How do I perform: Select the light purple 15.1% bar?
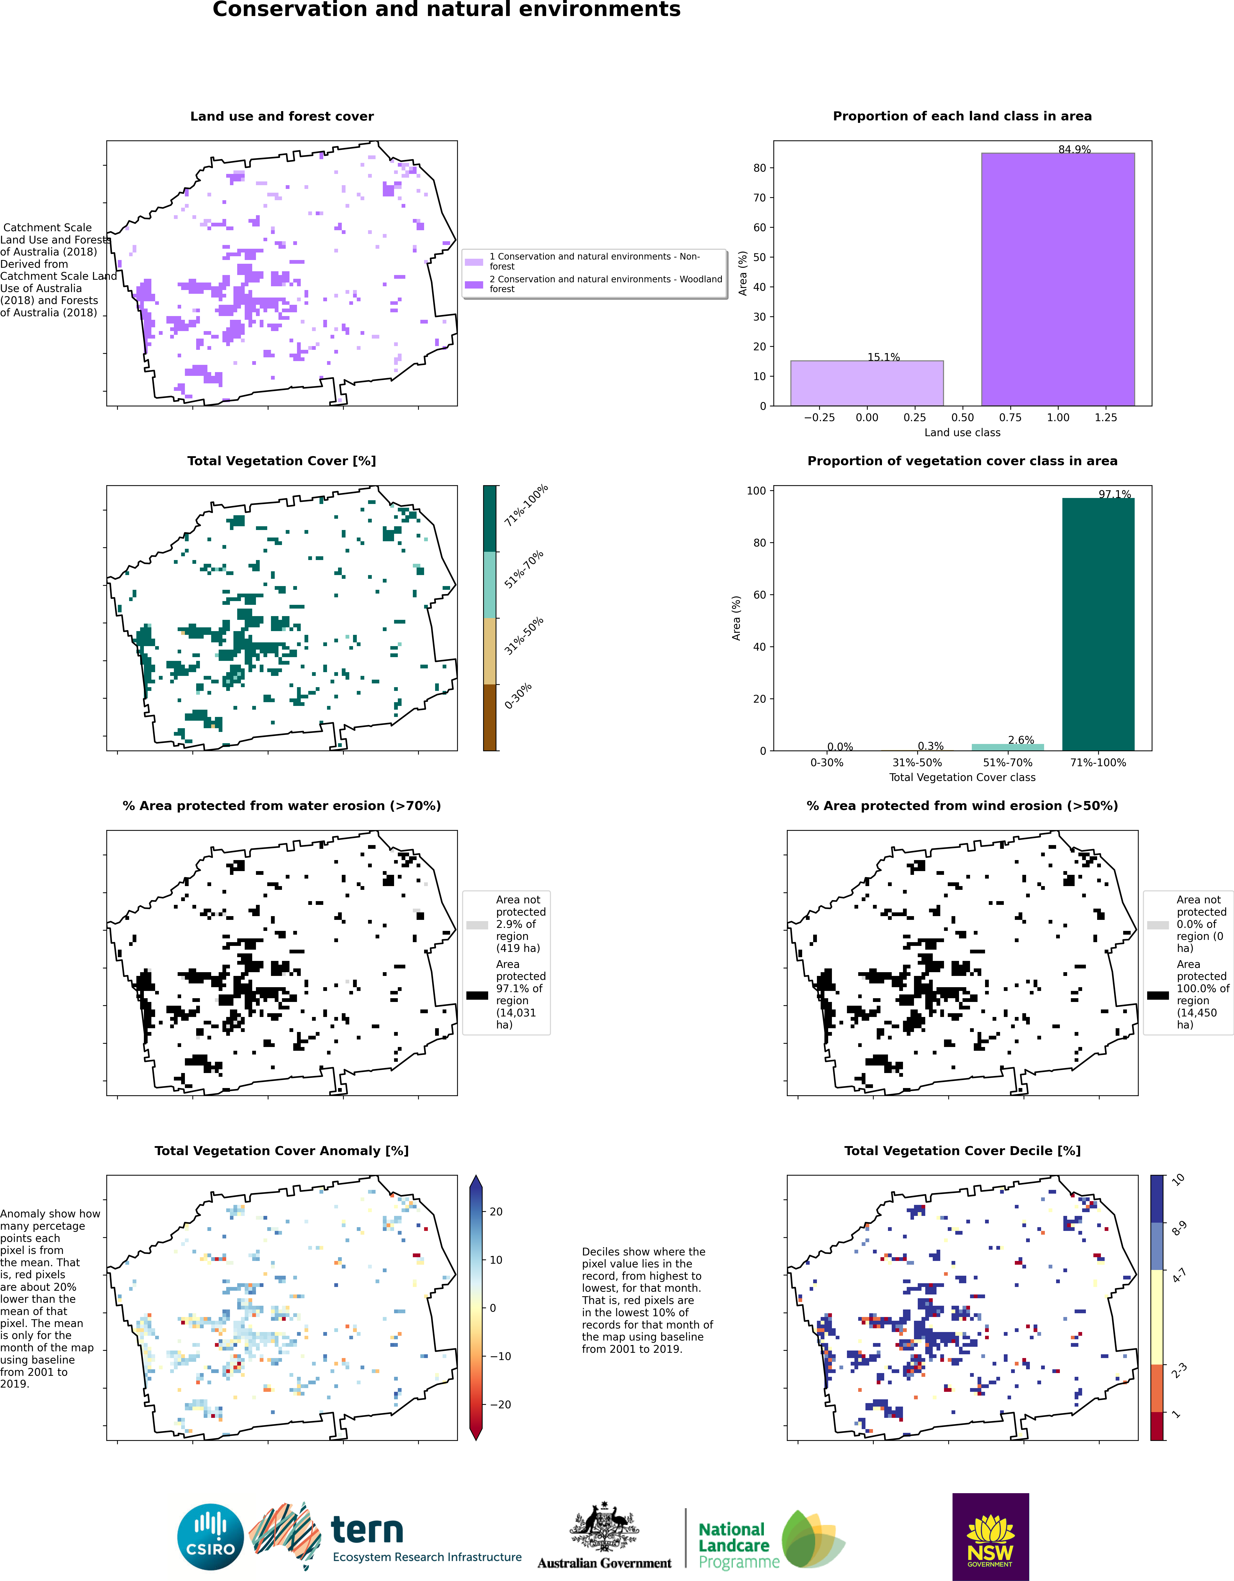pyautogui.click(x=867, y=383)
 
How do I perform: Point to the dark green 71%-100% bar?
pyautogui.click(x=1098, y=624)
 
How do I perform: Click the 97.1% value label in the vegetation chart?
pyautogui.click(x=1115, y=494)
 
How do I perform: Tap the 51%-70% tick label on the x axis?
pyautogui.click(x=1008, y=762)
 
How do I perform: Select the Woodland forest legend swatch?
pyautogui.click(x=474, y=285)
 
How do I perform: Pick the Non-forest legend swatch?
pyautogui.click(x=474, y=261)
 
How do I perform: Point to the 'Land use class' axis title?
pyautogui.click(x=962, y=432)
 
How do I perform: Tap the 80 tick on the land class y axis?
pyautogui.click(x=759, y=168)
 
